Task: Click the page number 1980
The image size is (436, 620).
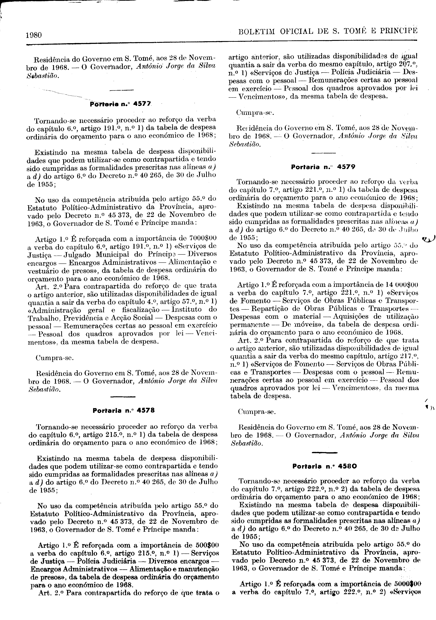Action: pos(34,35)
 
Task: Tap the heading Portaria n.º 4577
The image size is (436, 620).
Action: pos(121,104)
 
